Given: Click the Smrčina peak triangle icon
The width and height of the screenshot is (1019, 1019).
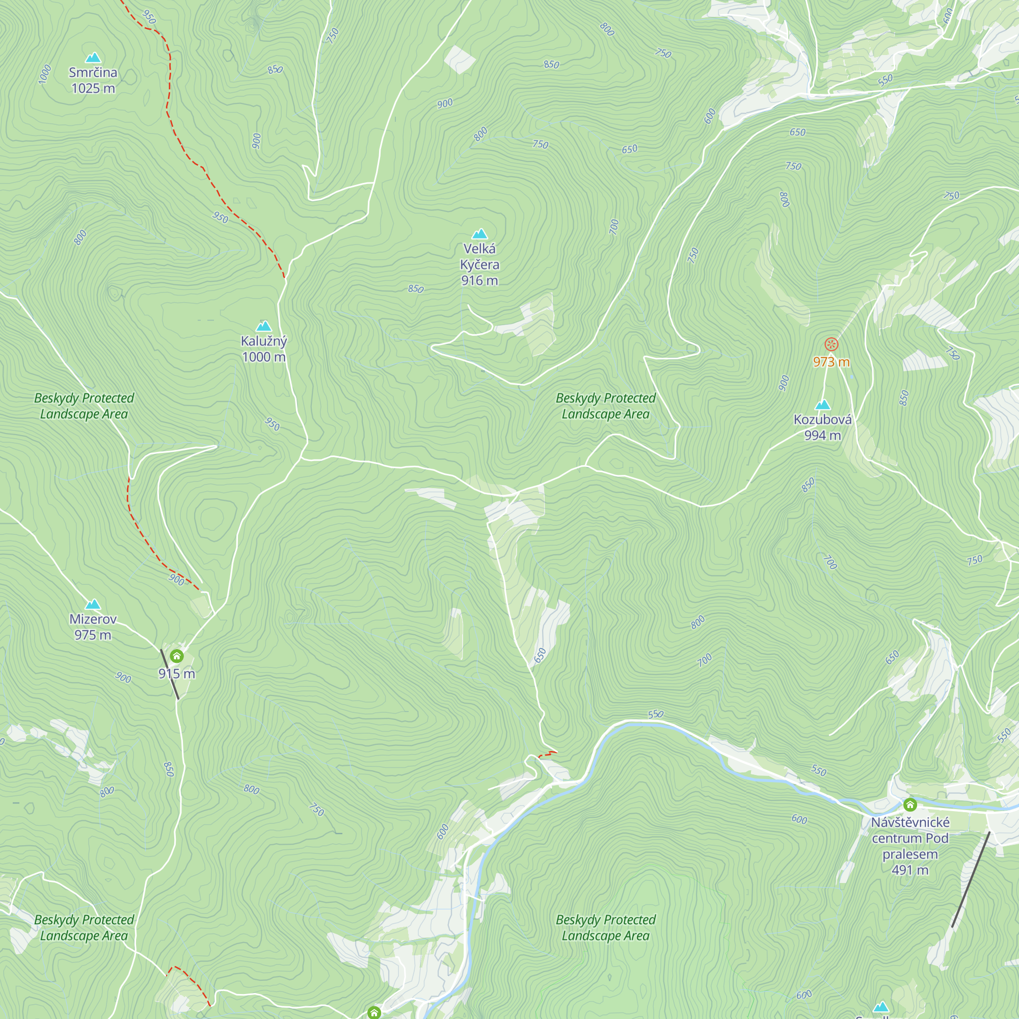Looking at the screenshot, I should [x=93, y=58].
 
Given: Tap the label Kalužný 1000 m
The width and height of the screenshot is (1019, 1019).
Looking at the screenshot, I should [x=264, y=348].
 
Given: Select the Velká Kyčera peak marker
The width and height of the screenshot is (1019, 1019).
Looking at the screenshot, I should [x=479, y=234].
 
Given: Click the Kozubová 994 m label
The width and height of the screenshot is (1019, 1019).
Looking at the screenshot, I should [x=822, y=427].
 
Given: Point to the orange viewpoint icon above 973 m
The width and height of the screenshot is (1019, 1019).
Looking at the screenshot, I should [x=831, y=345].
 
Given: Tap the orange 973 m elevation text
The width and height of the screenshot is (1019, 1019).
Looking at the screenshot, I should [x=831, y=362].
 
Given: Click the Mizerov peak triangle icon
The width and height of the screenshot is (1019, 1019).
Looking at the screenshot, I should [x=93, y=604].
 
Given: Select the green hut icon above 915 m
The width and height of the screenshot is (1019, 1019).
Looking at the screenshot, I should [x=177, y=656].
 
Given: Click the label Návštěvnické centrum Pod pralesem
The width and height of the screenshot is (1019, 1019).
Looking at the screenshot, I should [x=910, y=845].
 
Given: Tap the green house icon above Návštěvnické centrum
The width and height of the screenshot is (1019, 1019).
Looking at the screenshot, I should [x=910, y=805].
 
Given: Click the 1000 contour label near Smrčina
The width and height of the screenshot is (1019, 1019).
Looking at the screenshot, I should [x=45, y=74].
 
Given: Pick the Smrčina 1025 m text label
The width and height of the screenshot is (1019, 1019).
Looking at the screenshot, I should [x=93, y=80].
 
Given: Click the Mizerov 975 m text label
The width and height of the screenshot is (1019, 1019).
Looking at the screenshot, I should [x=93, y=627].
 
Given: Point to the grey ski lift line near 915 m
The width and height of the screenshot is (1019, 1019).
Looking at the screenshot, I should [x=170, y=675].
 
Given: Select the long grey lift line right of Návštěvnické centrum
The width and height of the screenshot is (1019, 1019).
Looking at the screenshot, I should [x=971, y=880].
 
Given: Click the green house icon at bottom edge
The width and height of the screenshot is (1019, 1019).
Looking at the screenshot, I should [x=374, y=1012].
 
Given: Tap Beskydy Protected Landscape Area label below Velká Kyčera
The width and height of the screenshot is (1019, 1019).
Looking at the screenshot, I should [x=605, y=406].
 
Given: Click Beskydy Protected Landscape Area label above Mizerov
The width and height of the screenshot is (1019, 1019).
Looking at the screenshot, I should [x=84, y=406].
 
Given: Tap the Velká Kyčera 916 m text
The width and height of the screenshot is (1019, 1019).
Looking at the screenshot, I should [x=479, y=264].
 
